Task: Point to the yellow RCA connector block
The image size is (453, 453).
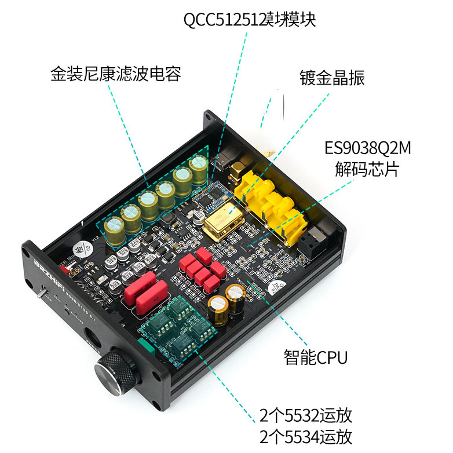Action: point(272,200)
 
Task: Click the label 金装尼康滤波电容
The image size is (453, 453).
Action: point(116,74)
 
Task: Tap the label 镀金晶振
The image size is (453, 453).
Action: point(332,78)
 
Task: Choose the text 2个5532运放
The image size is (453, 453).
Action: point(306,415)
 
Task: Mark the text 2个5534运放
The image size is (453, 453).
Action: point(306,436)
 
